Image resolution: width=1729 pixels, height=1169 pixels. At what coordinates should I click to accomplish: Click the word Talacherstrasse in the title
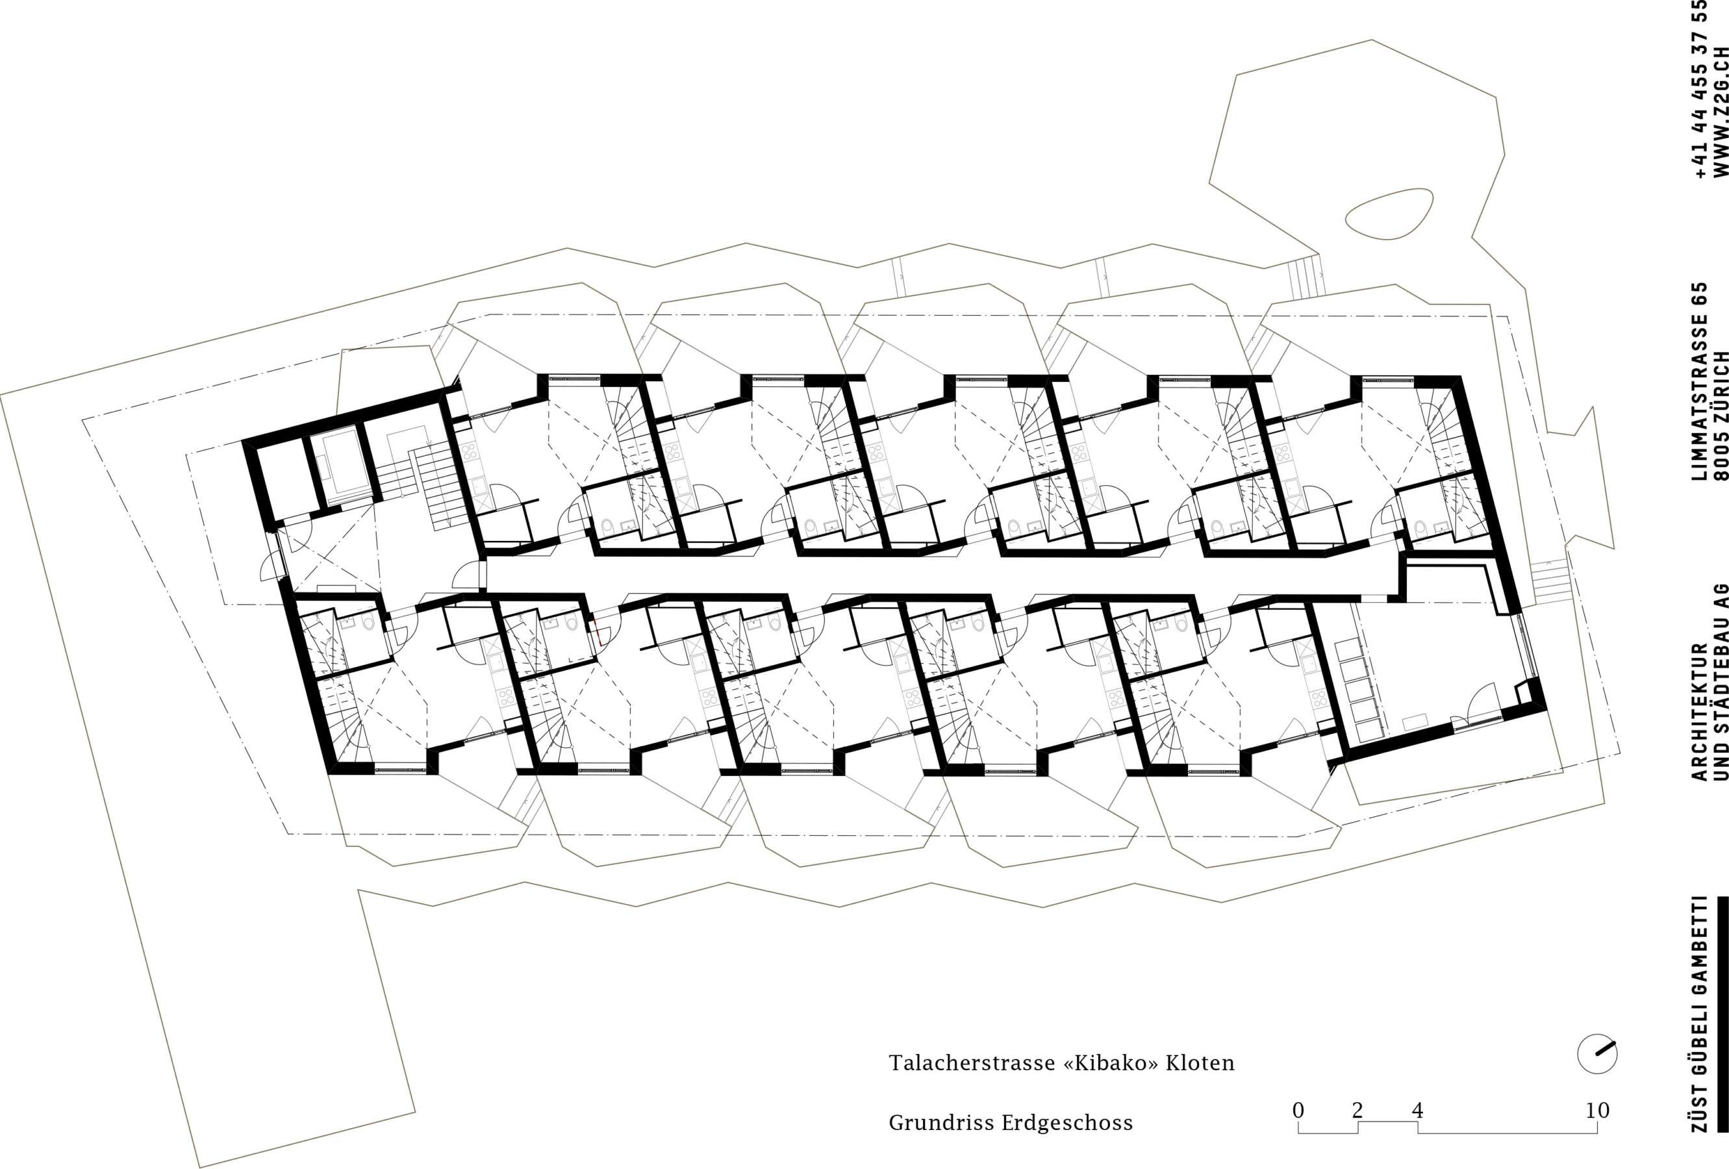click(968, 1062)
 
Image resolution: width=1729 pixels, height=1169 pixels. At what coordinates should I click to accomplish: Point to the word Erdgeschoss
click(1068, 1123)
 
